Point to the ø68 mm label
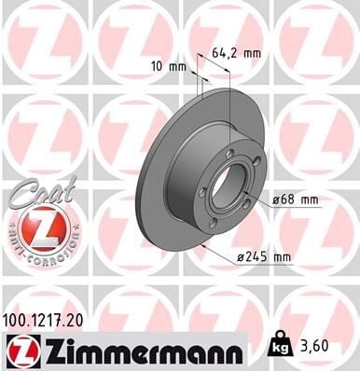coord(296,199)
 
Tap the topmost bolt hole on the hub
coord(229,153)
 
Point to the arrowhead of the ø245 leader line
coord(202,249)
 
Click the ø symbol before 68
coord(277,199)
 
